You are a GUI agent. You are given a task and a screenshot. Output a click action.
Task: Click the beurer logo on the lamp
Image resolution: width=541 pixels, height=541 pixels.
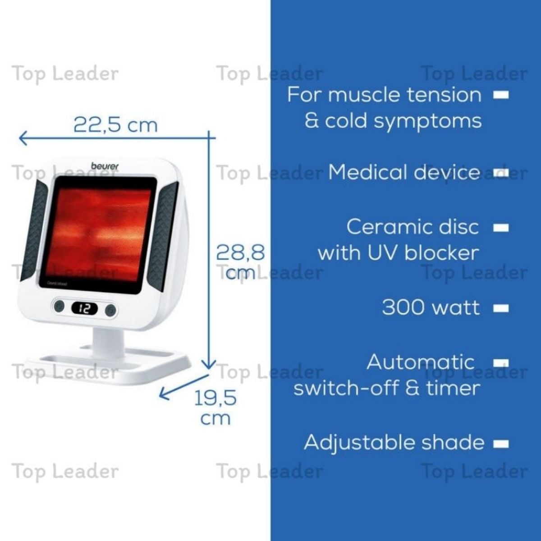pyautogui.click(x=105, y=166)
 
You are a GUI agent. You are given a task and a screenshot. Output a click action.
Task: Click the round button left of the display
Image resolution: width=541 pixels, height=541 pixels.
pyautogui.click(x=59, y=306)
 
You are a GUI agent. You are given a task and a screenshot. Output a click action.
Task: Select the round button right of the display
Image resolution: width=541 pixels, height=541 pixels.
pyautogui.click(x=110, y=310)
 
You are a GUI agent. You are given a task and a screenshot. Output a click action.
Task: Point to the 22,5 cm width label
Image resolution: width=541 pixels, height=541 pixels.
pyautogui.click(x=116, y=125)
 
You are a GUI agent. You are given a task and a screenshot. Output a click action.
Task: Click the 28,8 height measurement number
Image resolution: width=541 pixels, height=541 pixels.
pyautogui.click(x=241, y=252)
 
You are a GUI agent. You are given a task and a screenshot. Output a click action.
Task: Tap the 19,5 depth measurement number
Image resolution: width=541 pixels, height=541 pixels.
pyautogui.click(x=215, y=398)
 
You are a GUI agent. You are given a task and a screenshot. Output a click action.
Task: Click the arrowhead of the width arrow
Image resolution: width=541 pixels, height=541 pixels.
pyautogui.click(x=23, y=138)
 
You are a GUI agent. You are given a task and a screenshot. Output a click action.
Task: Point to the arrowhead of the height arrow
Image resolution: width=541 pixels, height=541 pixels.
pyautogui.click(x=209, y=365)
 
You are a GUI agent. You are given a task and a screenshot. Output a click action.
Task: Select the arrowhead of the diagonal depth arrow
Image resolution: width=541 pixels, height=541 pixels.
pyautogui.click(x=164, y=394)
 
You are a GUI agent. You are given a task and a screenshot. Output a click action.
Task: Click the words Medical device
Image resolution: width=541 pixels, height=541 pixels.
pyautogui.click(x=404, y=172)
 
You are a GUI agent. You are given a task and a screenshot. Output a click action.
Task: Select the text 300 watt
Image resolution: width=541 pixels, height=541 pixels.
pyautogui.click(x=431, y=307)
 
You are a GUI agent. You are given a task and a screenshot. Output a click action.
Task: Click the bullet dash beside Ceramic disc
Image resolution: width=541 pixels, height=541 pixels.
pyautogui.click(x=501, y=228)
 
